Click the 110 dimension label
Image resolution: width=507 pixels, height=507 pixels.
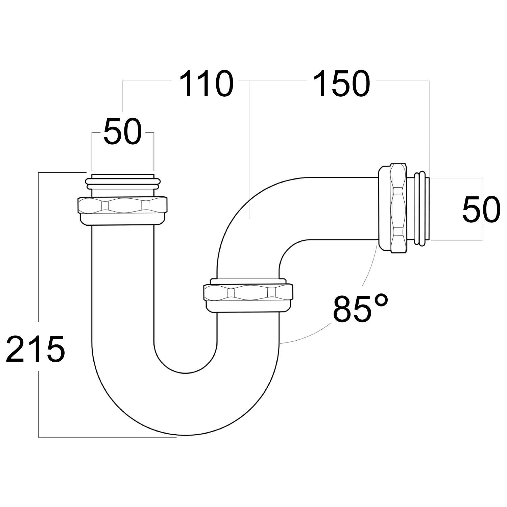click(206, 84)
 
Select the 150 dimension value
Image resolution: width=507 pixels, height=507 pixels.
click(341, 84)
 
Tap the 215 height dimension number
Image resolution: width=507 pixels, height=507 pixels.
click(35, 349)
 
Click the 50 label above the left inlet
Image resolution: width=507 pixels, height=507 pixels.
click(122, 132)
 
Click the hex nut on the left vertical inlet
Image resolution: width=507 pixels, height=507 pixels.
click(122, 206)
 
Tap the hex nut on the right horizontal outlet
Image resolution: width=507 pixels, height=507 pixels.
click(399, 208)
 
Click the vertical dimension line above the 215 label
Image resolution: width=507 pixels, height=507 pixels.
click(39, 247)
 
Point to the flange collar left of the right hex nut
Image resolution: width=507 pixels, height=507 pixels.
click(384, 208)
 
